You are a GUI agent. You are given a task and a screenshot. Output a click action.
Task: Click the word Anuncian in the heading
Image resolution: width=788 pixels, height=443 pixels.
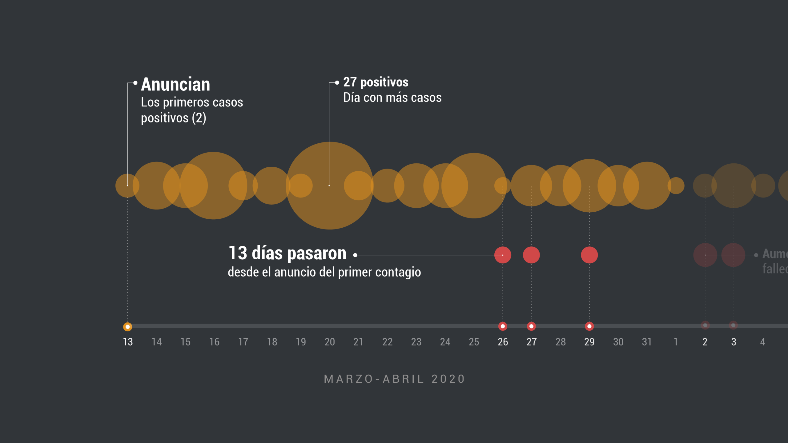175,85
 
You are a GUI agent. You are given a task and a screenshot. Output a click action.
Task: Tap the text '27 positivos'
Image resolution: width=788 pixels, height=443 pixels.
376,82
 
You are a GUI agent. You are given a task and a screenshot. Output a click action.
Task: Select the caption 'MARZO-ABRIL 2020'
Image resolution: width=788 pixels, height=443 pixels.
394,379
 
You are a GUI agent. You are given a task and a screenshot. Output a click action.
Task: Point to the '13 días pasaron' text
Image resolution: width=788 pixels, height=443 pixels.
287,253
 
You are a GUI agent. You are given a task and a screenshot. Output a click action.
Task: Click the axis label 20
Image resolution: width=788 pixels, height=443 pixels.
330,342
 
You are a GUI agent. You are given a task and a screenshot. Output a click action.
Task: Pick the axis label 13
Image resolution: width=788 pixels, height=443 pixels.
128,342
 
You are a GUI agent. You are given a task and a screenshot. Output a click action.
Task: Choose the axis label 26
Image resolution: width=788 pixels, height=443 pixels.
503,342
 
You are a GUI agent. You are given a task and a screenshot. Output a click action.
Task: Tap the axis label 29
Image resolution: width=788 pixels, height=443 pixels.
589,342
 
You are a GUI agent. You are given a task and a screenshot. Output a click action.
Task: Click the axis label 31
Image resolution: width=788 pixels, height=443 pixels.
647,342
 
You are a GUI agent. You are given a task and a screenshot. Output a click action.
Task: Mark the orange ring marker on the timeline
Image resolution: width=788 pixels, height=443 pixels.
127,327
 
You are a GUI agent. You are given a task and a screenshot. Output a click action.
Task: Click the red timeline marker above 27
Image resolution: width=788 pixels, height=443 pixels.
531,326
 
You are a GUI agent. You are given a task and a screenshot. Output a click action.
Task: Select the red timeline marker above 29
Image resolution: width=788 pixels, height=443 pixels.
589,326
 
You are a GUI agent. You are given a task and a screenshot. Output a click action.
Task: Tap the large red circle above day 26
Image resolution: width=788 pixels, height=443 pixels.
503,255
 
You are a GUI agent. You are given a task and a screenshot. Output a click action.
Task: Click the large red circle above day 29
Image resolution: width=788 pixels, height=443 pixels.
589,255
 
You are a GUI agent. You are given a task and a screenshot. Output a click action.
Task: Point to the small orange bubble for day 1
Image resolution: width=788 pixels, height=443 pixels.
676,186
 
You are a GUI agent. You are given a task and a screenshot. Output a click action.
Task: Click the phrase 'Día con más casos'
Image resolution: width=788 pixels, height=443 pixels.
392,98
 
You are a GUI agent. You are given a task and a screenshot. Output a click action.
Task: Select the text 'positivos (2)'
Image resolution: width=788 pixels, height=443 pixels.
173,118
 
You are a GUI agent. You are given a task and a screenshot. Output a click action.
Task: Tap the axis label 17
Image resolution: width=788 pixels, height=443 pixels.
243,342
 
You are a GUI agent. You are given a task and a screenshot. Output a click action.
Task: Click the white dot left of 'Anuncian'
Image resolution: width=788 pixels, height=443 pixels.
135,83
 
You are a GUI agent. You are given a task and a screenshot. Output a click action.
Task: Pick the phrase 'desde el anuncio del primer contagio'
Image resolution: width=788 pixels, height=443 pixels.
324,272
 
